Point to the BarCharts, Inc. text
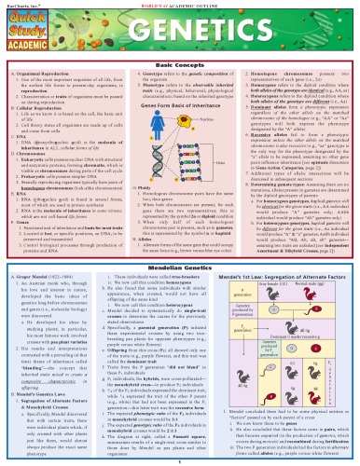pyautogui.click(x=19, y=4)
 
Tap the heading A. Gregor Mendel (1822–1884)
pyautogui.click(x=42, y=252)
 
